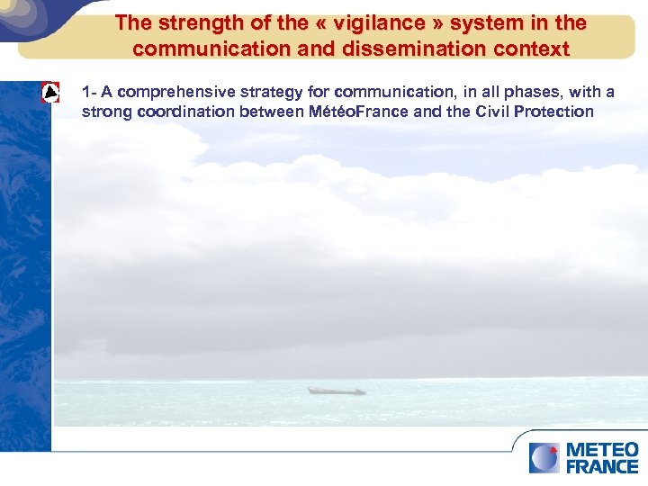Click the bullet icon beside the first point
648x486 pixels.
pyautogui.click(x=51, y=94)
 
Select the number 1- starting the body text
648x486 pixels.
pyautogui.click(x=88, y=92)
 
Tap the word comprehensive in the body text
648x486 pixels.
pyautogui.click(x=173, y=92)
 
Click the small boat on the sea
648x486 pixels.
pyautogui.click(x=336, y=391)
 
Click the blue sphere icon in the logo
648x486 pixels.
pyautogui.click(x=544, y=457)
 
